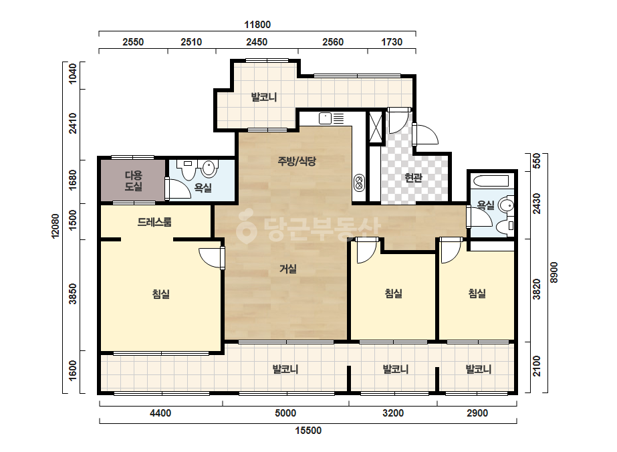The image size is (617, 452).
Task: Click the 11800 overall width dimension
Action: [x=257, y=25]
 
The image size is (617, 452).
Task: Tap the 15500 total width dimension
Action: [x=308, y=431]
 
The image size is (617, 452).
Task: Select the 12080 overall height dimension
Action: [x=55, y=225]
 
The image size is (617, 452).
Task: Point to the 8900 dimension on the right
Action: [x=554, y=272]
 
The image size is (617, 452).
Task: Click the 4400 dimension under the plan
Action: [x=160, y=413]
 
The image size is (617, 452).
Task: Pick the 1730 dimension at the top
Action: [x=392, y=41]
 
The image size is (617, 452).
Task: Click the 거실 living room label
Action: [x=288, y=269]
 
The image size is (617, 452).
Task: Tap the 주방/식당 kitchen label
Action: [x=297, y=160]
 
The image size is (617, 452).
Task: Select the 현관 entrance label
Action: [x=413, y=178]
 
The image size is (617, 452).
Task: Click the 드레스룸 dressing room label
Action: [x=154, y=222]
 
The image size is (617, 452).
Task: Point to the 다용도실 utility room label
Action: [x=134, y=181]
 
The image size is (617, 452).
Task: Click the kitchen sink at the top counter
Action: [x=326, y=118]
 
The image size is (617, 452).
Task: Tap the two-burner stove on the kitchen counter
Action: [x=359, y=183]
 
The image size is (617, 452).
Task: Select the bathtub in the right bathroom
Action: [x=491, y=181]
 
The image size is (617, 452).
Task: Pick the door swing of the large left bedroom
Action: [x=212, y=258]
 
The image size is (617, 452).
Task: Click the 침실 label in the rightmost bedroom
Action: [x=477, y=293]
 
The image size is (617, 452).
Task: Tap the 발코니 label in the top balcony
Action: [x=263, y=96]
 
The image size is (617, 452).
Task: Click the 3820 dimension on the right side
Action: [x=537, y=289]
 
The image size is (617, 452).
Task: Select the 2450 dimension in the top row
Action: [x=257, y=41]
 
